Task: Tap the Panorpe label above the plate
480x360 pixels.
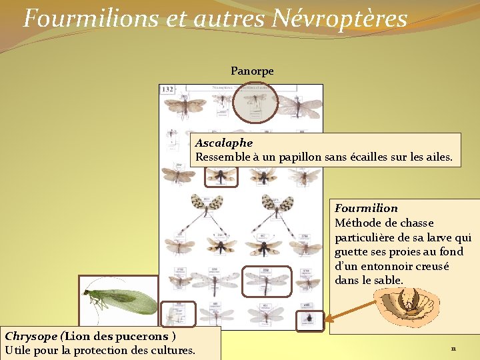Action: pos(252,71)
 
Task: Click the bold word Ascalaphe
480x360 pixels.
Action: pos(224,143)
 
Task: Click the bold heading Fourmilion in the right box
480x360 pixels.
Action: pos(366,208)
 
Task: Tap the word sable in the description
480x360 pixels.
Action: pos(388,281)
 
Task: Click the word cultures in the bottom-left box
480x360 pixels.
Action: pos(171,351)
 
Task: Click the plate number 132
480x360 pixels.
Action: pos(167,89)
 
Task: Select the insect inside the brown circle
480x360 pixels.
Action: pos(253,101)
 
